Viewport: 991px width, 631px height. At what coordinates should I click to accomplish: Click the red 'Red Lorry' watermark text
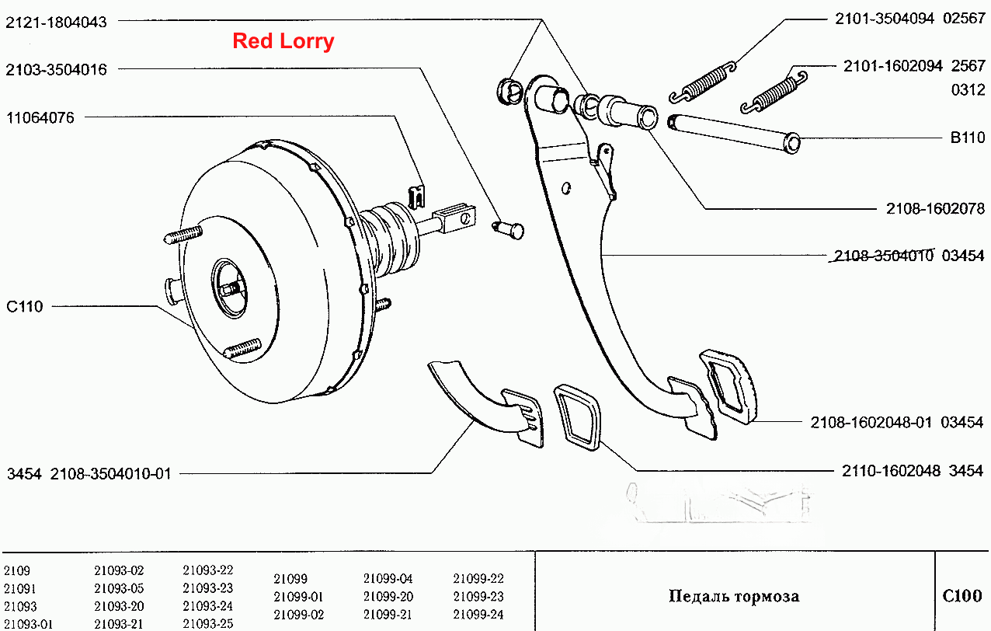(x=283, y=41)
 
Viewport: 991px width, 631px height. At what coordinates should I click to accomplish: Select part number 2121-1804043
(x=56, y=22)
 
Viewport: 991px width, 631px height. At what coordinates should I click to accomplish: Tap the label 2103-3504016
(x=56, y=69)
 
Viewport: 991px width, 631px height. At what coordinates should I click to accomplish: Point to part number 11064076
(x=40, y=118)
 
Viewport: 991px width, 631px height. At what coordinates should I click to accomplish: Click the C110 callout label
(x=25, y=306)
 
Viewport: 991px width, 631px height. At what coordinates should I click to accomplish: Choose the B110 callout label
(x=968, y=138)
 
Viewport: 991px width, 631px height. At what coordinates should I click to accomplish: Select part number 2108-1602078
(x=935, y=208)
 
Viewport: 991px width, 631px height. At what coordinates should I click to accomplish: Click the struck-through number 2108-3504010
(x=883, y=256)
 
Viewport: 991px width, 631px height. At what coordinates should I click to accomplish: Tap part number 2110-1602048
(x=891, y=470)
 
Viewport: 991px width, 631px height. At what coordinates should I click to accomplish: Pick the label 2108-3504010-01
(x=110, y=474)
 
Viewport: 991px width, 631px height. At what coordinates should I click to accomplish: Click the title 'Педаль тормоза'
(x=734, y=596)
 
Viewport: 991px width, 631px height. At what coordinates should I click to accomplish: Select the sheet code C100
(x=962, y=595)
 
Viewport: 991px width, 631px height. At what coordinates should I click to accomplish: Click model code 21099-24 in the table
(x=478, y=615)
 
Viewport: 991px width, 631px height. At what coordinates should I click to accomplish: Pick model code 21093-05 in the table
(x=119, y=588)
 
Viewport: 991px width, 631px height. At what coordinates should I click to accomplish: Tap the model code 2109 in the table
(x=17, y=571)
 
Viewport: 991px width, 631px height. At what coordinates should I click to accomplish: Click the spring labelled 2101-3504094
(x=702, y=83)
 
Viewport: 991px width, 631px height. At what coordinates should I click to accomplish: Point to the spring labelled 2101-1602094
(x=774, y=92)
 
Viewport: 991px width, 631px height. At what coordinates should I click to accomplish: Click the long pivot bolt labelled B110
(x=734, y=134)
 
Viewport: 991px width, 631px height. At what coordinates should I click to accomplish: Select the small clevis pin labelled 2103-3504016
(x=509, y=229)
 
